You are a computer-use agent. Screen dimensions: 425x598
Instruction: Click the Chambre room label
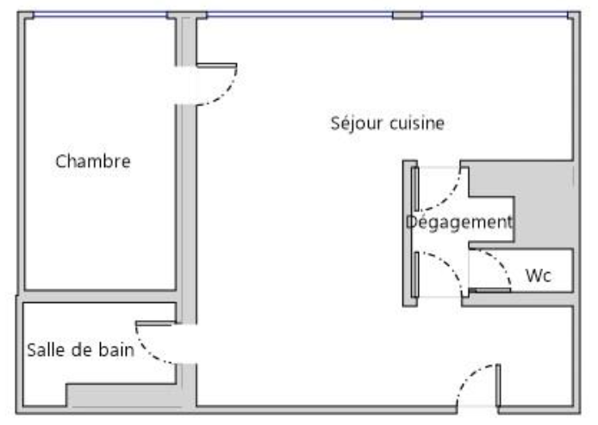pyautogui.click(x=93, y=161)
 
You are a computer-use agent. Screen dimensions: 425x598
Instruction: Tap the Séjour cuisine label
pyautogui.click(x=388, y=123)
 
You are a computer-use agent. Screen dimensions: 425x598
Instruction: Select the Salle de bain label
pyautogui.click(x=80, y=349)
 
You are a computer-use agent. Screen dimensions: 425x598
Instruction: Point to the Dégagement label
pyautogui.click(x=459, y=222)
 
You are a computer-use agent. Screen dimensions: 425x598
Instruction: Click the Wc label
pyautogui.click(x=538, y=276)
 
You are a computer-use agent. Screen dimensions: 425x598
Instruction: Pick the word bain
pyautogui.click(x=115, y=349)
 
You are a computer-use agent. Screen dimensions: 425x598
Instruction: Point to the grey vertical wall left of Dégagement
pyautogui.click(x=409, y=232)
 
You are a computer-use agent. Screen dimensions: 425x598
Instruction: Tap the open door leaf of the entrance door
pyautogui.click(x=497, y=385)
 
